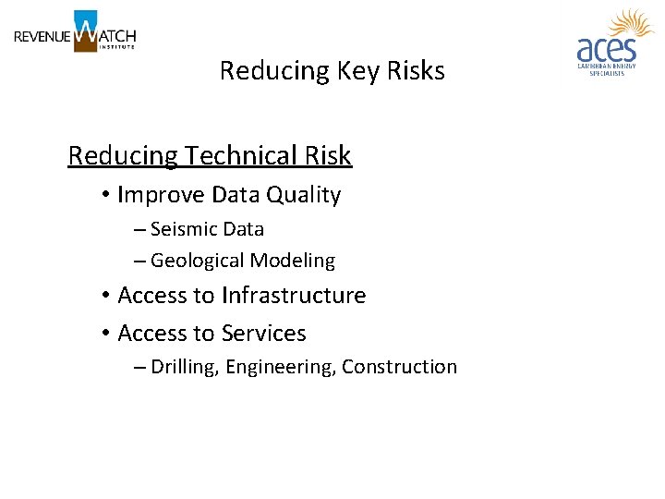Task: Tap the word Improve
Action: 162,195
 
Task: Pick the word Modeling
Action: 295,261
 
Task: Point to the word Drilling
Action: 185,367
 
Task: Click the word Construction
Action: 399,367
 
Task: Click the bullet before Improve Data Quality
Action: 107,195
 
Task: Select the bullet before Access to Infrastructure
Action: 107,296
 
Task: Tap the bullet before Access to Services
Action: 107,334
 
